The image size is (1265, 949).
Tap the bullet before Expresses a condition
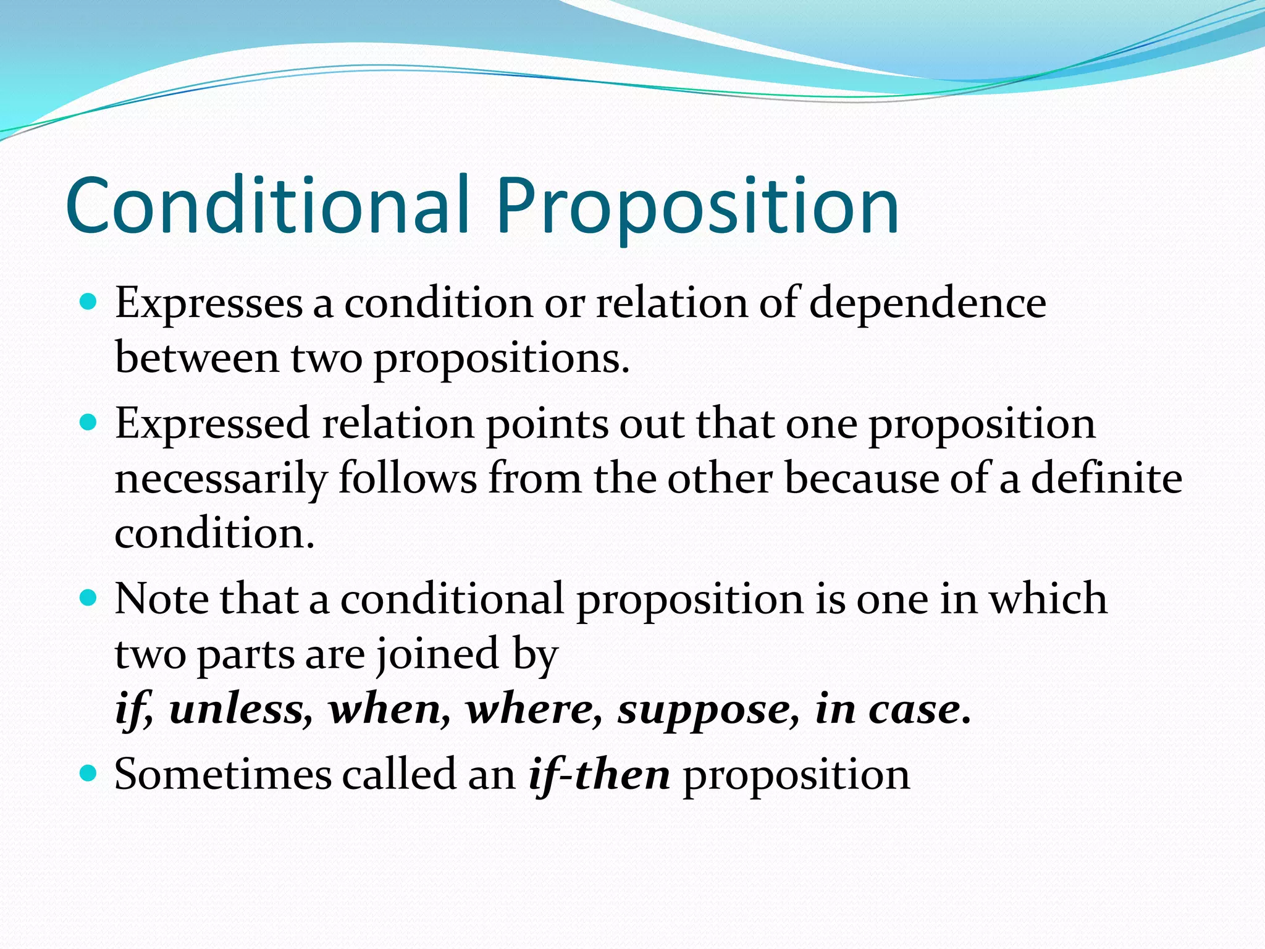(x=89, y=302)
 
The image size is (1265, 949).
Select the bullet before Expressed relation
(x=89, y=423)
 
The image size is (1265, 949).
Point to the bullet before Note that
(x=89, y=598)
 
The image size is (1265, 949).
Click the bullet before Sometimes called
(x=89, y=773)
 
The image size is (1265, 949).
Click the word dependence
(x=927, y=304)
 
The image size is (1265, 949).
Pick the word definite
(x=1106, y=479)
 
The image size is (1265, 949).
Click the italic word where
(x=534, y=709)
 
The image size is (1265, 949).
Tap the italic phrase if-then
(x=599, y=775)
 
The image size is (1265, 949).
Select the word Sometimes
(x=223, y=775)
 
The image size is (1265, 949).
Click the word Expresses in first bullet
(x=208, y=304)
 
